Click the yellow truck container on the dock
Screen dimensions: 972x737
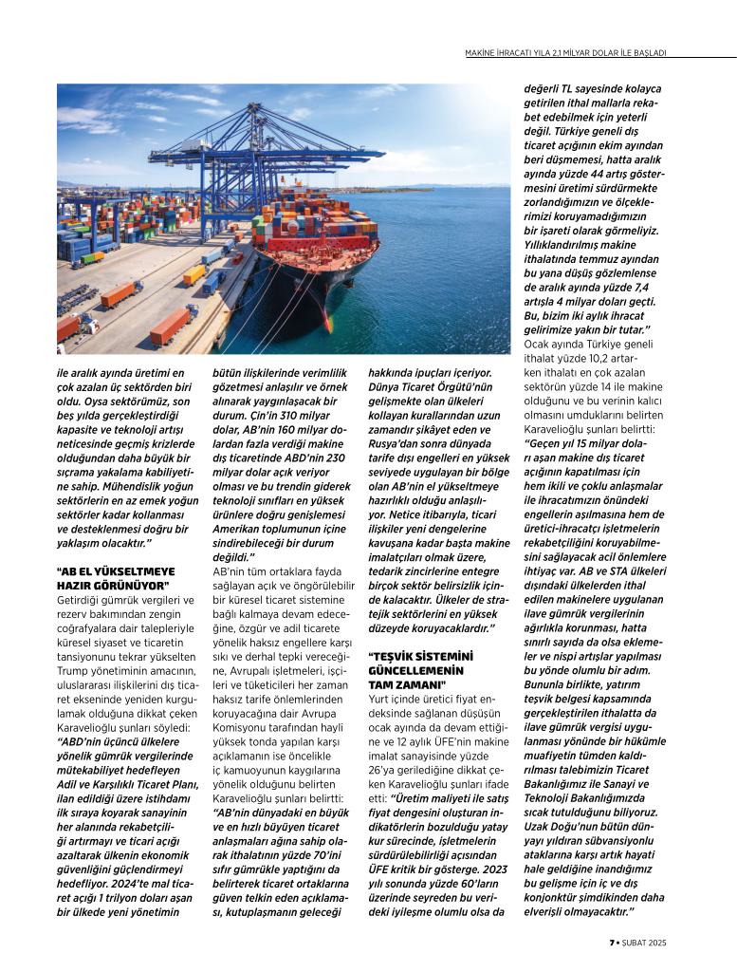pyautogui.click(x=193, y=274)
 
